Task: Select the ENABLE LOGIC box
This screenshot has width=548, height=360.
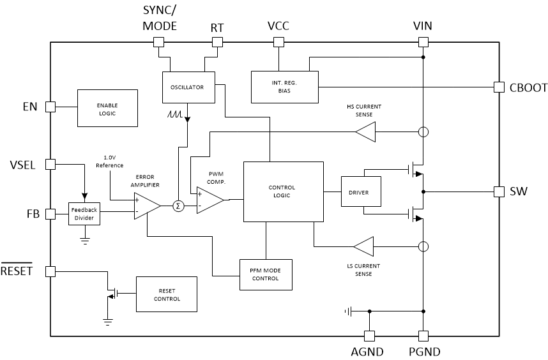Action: click(x=107, y=108)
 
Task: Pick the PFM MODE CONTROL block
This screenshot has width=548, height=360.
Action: click(x=266, y=274)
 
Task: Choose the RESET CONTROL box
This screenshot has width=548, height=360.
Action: click(x=167, y=294)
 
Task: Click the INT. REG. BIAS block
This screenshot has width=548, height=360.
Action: click(x=284, y=87)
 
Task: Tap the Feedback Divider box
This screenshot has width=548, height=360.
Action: click(x=84, y=214)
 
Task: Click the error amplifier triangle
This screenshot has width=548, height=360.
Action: click(x=146, y=206)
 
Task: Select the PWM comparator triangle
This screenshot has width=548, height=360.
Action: click(x=208, y=200)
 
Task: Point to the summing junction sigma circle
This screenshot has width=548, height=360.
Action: click(x=178, y=206)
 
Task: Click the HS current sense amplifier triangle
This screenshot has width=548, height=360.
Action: click(x=366, y=132)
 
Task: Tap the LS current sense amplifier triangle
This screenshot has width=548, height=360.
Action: click(x=364, y=246)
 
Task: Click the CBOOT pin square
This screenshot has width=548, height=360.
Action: click(x=499, y=87)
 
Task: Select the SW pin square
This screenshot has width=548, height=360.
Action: click(x=499, y=191)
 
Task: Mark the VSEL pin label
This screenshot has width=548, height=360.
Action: click(x=22, y=164)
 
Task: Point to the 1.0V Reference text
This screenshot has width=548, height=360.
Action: click(x=109, y=161)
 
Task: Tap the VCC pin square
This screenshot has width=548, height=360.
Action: click(x=278, y=42)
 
